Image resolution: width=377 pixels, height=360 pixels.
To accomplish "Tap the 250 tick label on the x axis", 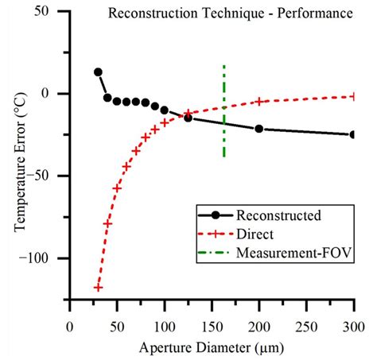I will (305, 326).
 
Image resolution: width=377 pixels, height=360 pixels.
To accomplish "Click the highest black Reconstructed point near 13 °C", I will (98, 72).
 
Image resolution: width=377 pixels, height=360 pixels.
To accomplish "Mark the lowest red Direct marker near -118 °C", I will (98, 287).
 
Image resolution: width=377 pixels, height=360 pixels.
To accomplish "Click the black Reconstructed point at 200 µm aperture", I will (258, 128).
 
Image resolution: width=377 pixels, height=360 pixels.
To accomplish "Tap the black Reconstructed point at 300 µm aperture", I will (352, 134).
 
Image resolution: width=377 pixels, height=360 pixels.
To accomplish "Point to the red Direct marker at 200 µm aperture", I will (258, 101).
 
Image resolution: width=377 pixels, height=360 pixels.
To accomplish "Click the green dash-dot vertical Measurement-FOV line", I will (224, 111).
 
